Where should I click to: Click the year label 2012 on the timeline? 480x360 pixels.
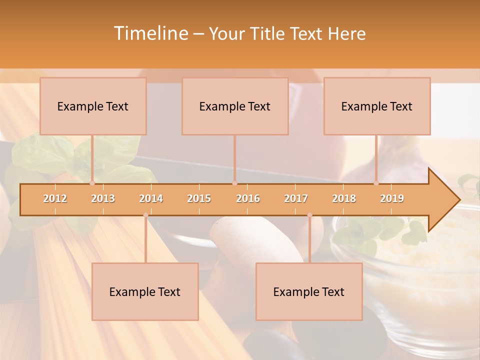pos(55,198)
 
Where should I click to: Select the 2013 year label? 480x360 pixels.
pos(103,198)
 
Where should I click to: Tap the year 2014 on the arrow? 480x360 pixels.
pos(151,198)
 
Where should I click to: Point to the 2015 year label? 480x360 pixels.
pos(199,198)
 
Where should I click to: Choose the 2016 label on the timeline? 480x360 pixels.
pos(248,198)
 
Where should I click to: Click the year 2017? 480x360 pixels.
pos(296,198)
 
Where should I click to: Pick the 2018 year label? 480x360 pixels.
pos(344,198)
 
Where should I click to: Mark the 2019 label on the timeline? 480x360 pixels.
pos(392,198)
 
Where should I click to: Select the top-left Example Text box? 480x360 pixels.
pos(93,106)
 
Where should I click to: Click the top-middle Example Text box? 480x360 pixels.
pos(235,106)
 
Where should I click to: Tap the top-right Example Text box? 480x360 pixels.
pos(377,106)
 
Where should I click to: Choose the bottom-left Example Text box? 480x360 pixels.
pos(145,291)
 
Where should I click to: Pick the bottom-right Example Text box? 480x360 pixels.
pos(309,291)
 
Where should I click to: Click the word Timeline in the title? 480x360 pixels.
pos(150,33)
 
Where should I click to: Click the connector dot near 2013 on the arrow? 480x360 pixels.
pos(92,183)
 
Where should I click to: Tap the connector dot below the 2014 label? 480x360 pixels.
pos(145,215)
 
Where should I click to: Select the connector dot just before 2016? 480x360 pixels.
pos(234,183)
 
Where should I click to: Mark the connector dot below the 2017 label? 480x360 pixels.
pos(309,215)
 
